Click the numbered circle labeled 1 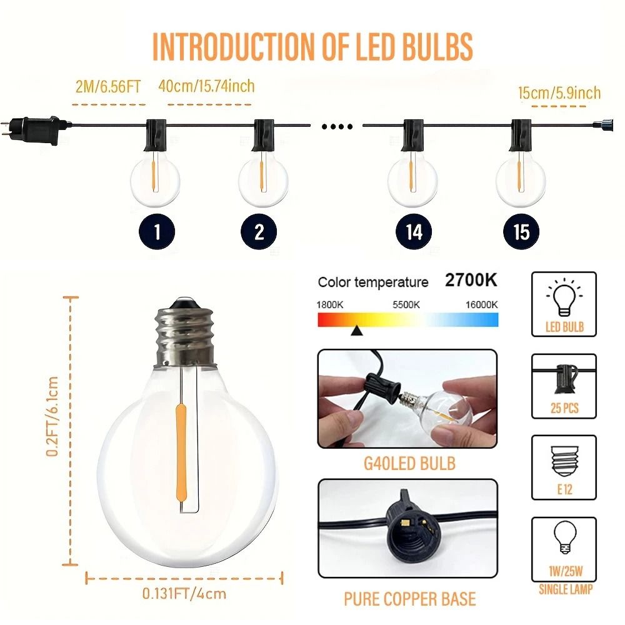pos(156,232)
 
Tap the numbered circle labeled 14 pos(414,232)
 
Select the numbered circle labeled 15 pos(521,232)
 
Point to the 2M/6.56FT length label pos(108,86)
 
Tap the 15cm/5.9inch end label pos(559,93)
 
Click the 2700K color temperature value pos(471,280)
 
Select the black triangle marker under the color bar pos(356,331)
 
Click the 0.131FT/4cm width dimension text pos(184,594)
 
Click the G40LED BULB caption pos(409,464)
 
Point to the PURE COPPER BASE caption pos(409,599)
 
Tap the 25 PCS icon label pos(564,408)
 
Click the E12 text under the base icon pos(564,489)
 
